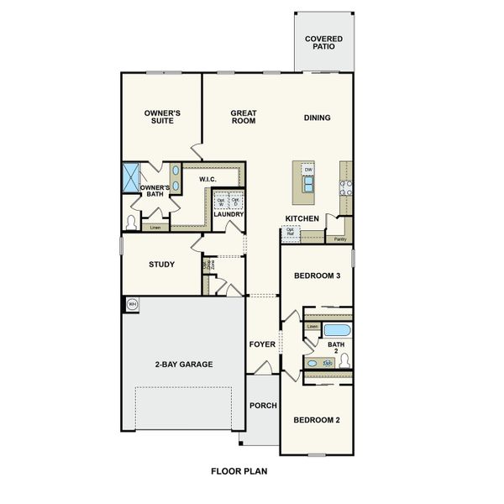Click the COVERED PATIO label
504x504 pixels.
tap(323, 42)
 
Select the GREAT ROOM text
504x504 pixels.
tap(243, 117)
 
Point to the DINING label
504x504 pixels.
tap(317, 118)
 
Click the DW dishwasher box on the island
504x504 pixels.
tap(308, 171)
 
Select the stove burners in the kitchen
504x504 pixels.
tap(344, 189)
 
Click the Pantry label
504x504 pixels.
tap(340, 239)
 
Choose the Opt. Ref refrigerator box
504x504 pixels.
tap(291, 234)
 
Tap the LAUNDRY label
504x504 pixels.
tap(228, 214)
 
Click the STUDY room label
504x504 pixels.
tap(161, 265)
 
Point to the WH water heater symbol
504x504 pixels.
tap(132, 303)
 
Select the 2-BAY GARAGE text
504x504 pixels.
tap(183, 365)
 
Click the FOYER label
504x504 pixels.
tap(262, 344)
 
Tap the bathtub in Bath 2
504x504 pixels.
tap(337, 330)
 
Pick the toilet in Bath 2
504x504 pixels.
tap(344, 360)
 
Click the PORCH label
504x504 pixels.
tap(263, 406)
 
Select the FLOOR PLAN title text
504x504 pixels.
tap(239, 472)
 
